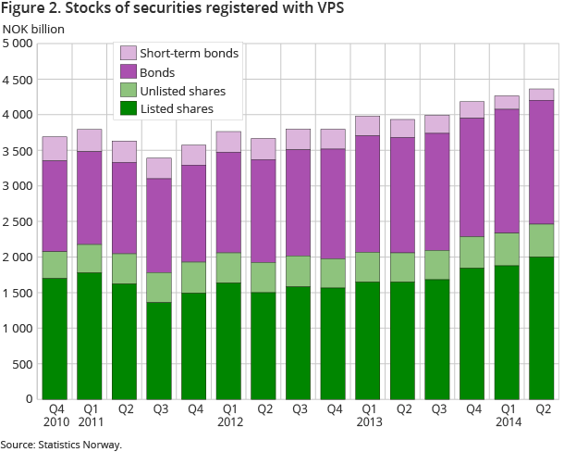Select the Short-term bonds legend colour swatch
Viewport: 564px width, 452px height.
click(x=128, y=53)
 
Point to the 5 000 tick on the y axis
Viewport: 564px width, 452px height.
click(x=18, y=44)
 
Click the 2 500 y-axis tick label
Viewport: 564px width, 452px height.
click(x=18, y=221)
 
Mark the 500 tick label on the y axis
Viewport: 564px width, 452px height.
click(x=22, y=364)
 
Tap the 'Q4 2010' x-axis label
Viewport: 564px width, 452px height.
click(x=55, y=415)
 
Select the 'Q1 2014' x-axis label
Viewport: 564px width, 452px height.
click(x=507, y=415)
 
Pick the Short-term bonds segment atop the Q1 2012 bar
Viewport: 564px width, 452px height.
click(x=228, y=142)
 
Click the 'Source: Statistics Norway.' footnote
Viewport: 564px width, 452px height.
click(x=61, y=444)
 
